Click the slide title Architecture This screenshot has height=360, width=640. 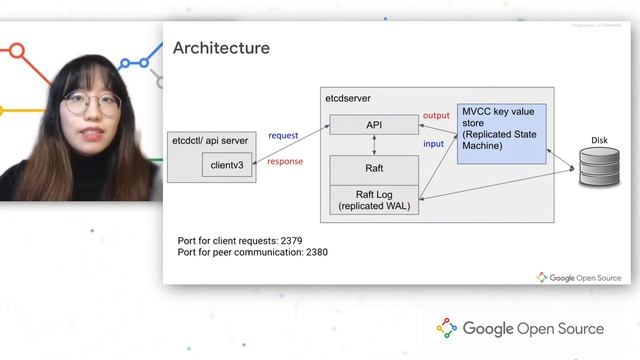221,48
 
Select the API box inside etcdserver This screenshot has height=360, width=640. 375,125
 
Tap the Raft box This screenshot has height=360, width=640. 375,169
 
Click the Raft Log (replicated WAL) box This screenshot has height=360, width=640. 375,200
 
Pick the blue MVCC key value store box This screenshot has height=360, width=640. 502,133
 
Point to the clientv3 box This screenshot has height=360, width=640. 228,165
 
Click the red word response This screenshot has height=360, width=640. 285,161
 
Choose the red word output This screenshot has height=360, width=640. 436,117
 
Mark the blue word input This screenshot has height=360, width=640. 434,144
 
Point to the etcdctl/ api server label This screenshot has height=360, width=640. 210,141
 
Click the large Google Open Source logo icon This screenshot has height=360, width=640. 447,328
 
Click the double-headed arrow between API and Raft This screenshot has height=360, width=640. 374,145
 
